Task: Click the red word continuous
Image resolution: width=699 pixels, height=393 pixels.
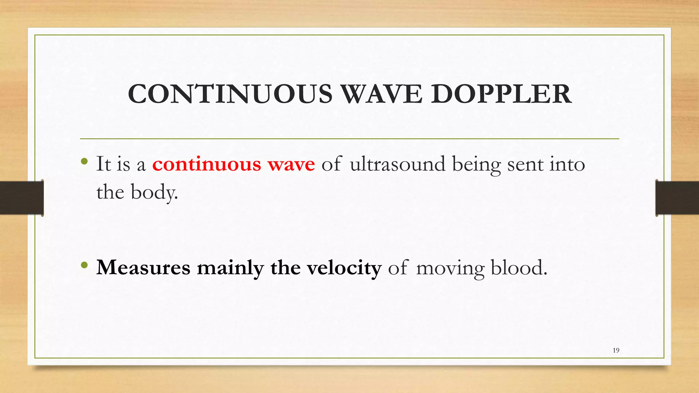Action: click(206, 164)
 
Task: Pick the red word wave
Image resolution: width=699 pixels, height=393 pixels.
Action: click(291, 165)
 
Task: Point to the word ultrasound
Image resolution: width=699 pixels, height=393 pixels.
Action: click(398, 164)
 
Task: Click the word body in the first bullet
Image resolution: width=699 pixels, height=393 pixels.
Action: click(154, 192)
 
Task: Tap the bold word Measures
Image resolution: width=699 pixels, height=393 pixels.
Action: click(143, 267)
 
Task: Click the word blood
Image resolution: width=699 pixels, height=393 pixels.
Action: click(519, 267)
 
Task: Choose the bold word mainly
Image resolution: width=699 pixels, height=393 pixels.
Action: click(230, 268)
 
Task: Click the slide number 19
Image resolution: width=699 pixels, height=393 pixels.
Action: click(616, 350)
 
